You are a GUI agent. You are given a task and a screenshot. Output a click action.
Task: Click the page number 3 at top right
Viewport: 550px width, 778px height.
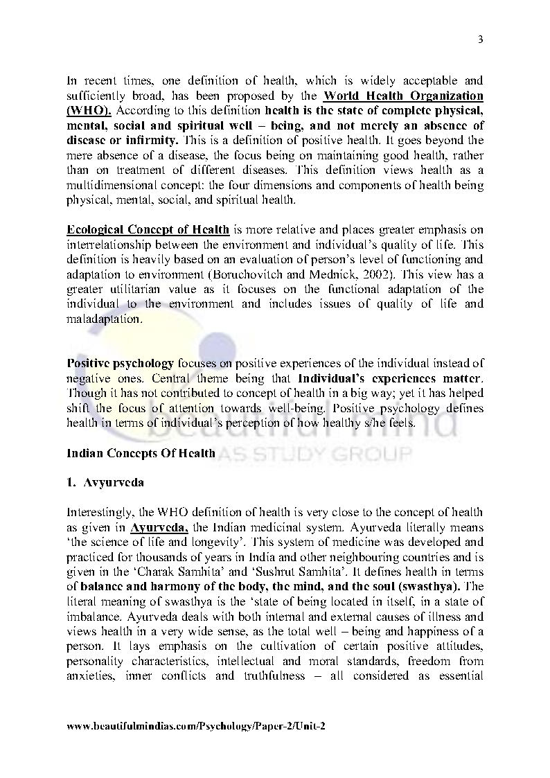pyautogui.click(x=480, y=39)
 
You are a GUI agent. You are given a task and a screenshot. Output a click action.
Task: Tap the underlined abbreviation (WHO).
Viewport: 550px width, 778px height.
pyautogui.click(x=90, y=110)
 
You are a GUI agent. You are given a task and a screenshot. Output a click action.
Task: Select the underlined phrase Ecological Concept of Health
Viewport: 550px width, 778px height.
pyautogui.click(x=148, y=230)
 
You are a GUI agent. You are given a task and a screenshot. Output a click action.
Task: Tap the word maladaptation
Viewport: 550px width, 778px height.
pyautogui.click(x=94, y=319)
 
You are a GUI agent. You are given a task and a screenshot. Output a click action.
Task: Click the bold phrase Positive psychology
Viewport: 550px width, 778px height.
pyautogui.click(x=120, y=363)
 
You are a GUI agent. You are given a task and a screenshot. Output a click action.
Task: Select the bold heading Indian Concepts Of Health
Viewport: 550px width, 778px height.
pyautogui.click(x=141, y=453)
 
